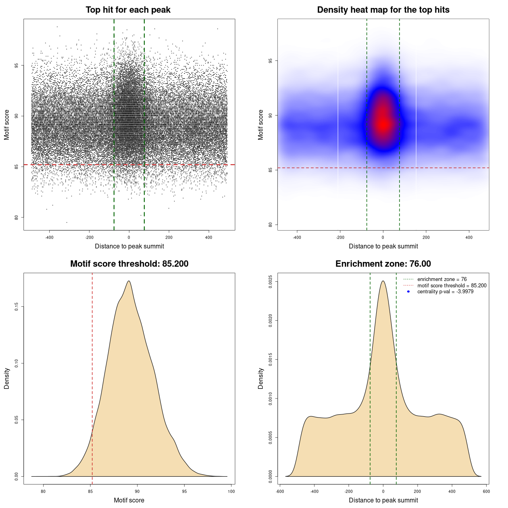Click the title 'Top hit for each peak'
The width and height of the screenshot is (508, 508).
coord(128,10)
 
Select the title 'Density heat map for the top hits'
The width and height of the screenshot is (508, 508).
coord(383,10)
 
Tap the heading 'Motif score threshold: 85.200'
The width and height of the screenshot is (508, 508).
coord(129,264)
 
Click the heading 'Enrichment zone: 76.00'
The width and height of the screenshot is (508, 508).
coord(383,264)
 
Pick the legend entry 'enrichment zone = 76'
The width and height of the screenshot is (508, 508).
coord(442,279)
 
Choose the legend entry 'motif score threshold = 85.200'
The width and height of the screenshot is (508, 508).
coord(452,285)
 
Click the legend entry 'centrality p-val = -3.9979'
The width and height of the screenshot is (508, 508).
coord(445,292)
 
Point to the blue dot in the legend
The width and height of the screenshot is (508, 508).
coord(408,292)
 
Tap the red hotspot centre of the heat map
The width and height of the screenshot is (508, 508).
coord(383,124)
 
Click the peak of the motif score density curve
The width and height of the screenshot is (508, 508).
coord(129,281)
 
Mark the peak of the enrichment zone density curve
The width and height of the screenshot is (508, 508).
coord(383,281)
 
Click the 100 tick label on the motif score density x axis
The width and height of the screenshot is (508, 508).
coord(231,491)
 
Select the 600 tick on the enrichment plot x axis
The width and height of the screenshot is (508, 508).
coord(486,491)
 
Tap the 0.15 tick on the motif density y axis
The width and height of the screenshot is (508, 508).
coord(16,307)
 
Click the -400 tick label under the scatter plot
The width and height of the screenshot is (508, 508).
coord(49,237)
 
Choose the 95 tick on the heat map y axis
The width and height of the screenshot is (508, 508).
coord(270,61)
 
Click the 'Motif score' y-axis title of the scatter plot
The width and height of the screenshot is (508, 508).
coord(7,125)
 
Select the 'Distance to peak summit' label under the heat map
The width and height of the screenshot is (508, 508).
coord(383,246)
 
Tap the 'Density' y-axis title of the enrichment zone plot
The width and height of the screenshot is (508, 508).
coord(261,378)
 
